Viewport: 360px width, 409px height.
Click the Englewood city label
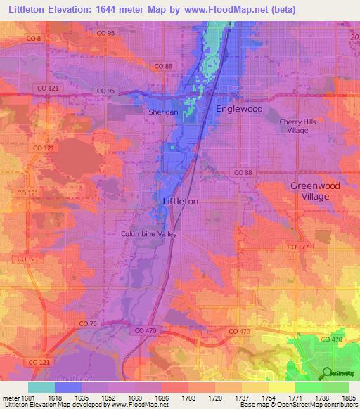click(239, 109)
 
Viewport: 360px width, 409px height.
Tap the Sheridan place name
click(161, 111)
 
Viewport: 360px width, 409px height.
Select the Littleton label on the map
click(180, 201)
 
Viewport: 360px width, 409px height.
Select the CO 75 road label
click(88, 323)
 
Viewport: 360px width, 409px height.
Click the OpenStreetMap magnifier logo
click(327, 372)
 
